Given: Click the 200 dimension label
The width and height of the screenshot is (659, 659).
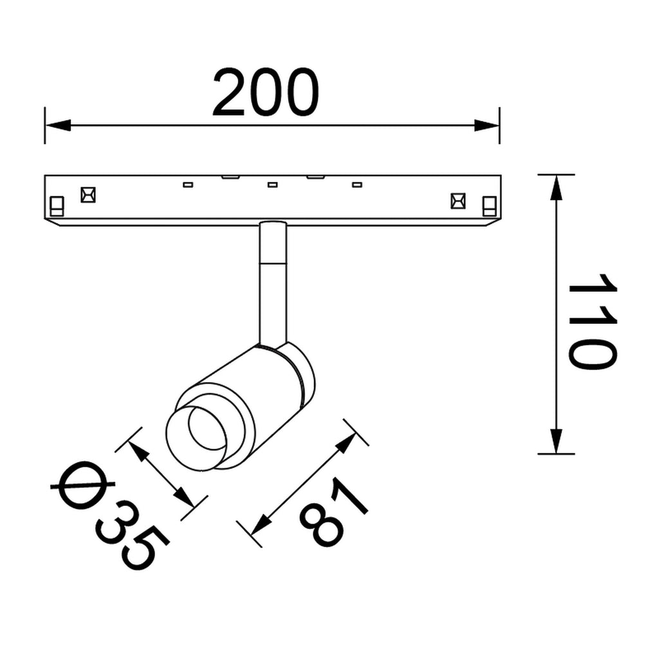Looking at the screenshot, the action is click(266, 92).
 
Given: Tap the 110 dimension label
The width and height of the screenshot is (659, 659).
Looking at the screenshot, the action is click(592, 322).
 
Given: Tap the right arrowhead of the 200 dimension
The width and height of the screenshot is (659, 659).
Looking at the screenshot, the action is click(487, 125).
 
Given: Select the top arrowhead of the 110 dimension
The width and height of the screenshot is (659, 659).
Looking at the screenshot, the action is click(556, 187).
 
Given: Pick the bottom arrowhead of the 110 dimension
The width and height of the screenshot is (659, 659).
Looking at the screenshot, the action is click(556, 441).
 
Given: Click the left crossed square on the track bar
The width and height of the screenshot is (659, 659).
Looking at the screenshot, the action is click(88, 195).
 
